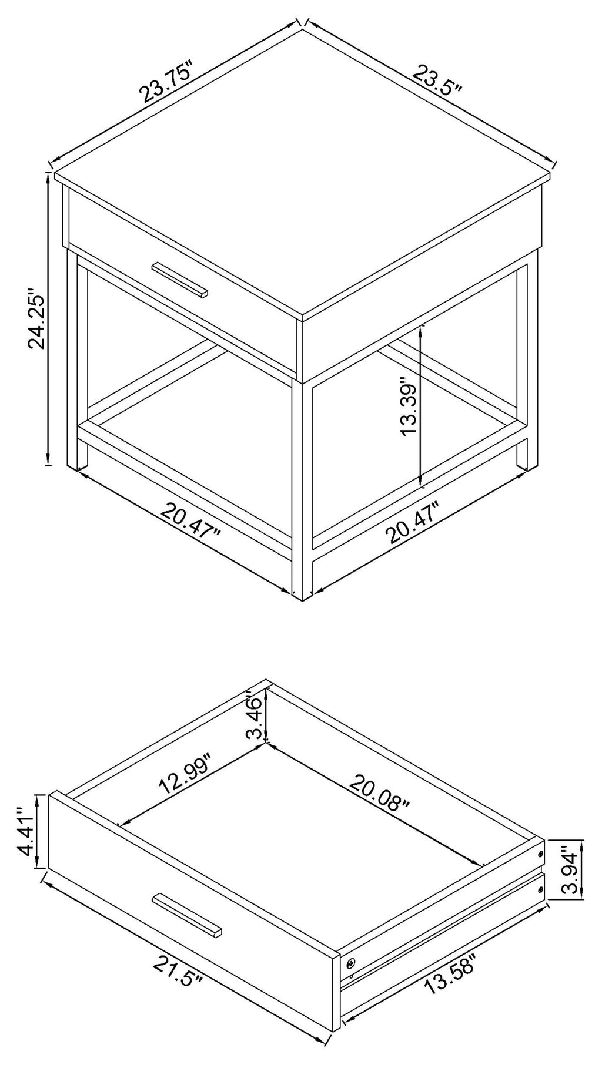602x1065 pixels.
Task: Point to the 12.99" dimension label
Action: pyautogui.click(x=185, y=777)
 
